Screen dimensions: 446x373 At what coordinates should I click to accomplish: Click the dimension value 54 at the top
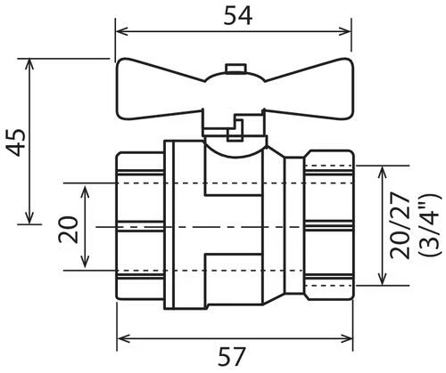pos(237,15)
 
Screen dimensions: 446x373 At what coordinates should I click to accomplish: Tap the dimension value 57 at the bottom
pos(232,356)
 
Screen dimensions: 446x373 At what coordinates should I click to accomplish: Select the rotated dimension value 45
pos(16,142)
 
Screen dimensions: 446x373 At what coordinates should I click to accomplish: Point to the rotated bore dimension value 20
pos(68,230)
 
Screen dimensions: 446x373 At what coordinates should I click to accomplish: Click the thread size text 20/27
pos(401,225)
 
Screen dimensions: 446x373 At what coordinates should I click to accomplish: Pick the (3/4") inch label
pos(428,225)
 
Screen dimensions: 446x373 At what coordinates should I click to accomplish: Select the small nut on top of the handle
pos(235,69)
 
